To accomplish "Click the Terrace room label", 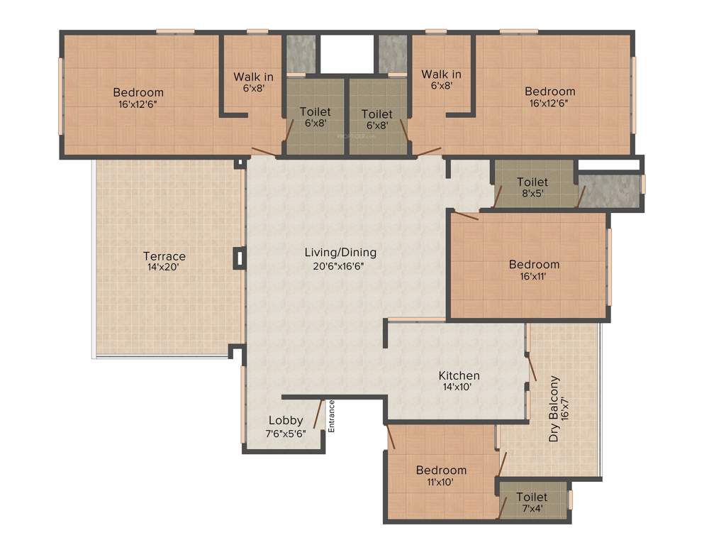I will click(x=164, y=256).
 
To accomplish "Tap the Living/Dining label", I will click(x=340, y=253).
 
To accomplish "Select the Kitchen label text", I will click(x=459, y=375).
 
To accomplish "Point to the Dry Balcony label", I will click(x=554, y=409).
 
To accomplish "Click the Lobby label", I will click(x=286, y=420).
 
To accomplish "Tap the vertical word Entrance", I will click(x=331, y=417).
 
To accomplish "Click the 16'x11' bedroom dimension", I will click(x=534, y=277).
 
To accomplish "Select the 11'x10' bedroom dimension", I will click(x=441, y=482).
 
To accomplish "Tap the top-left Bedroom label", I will click(x=138, y=92).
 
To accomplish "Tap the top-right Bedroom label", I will click(x=550, y=91).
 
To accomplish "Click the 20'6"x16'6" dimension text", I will click(x=340, y=265).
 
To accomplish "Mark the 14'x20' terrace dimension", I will click(x=164, y=268).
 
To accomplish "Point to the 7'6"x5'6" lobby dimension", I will click(x=286, y=432).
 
